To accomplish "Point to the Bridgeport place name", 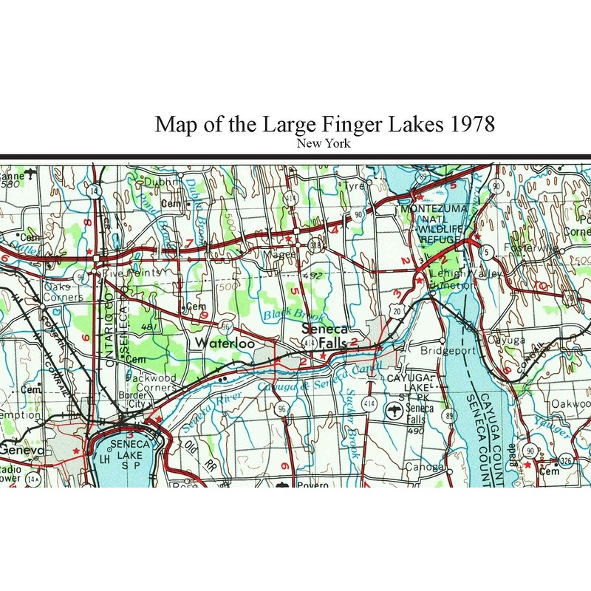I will [x=448, y=351].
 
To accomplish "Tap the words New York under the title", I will [x=323, y=143].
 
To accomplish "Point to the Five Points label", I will [x=131, y=273].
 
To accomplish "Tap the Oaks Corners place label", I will [x=64, y=292].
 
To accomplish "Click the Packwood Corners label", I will [x=151, y=383].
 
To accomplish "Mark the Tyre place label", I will [x=355, y=186].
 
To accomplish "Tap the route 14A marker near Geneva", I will [x=33, y=479].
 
